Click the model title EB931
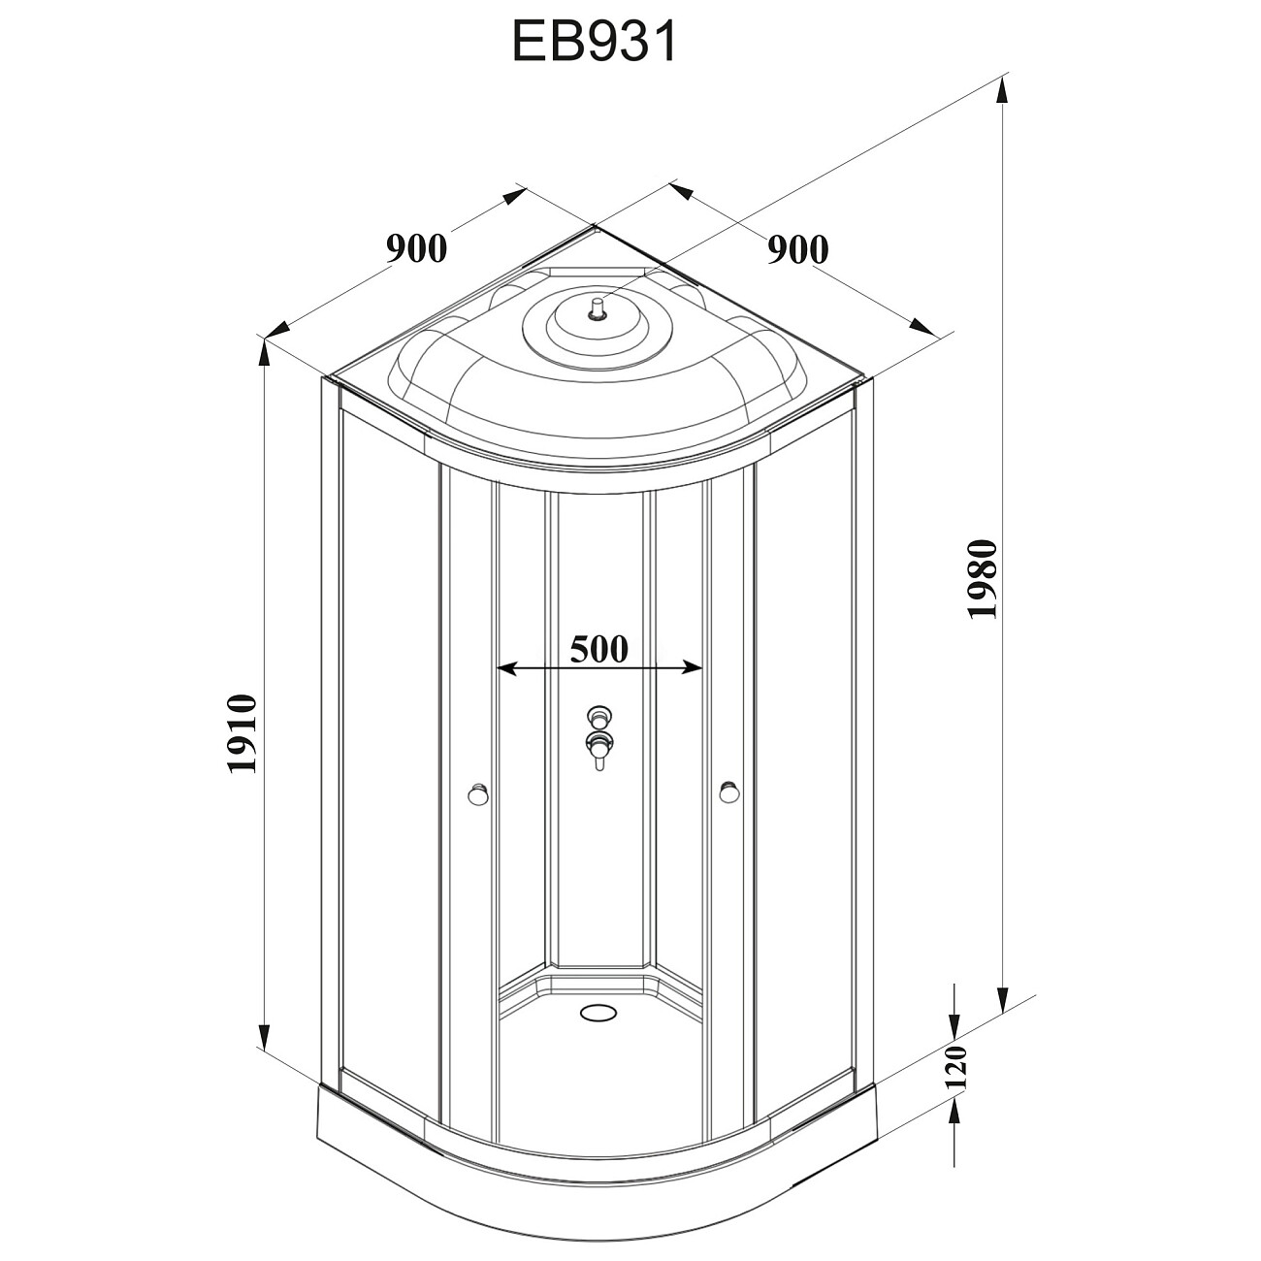pos(594,44)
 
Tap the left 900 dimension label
pos(417,248)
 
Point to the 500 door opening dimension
pos(598,648)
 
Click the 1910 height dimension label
pos(241,733)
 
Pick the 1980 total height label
pos(981,579)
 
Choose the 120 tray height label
pos(956,1066)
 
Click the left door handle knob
pos(476,795)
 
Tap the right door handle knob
pos(728,793)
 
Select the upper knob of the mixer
pos(599,719)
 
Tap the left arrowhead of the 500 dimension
pos(506,667)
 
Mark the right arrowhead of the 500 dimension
pos(693,667)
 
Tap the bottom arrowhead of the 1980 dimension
pos(1003,999)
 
